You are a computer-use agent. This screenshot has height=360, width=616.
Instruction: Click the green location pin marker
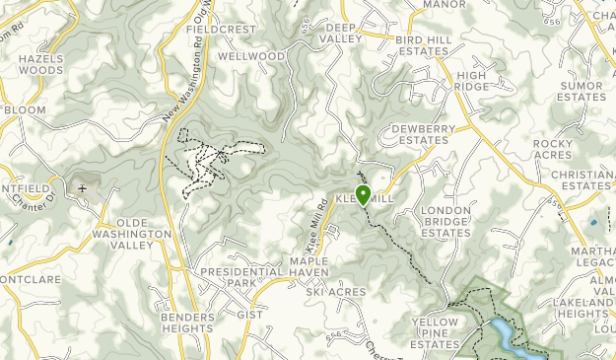(363, 194)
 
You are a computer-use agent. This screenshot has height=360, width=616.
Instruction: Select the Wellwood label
(252, 57)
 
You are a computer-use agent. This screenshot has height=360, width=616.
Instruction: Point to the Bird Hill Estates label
(422, 45)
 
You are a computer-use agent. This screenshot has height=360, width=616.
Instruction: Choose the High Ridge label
(472, 82)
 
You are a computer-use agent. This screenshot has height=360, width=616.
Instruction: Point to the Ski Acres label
(335, 292)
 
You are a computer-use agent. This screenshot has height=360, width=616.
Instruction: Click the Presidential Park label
(228, 276)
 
